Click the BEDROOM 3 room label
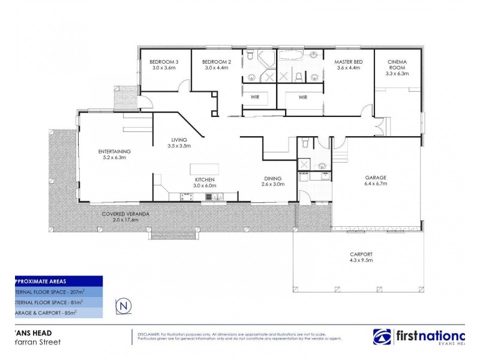coord(164,62)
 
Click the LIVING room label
coord(178,139)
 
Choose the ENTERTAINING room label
coord(114,151)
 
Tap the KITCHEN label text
coord(205,179)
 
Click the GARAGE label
coord(376,178)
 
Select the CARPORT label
coord(361,254)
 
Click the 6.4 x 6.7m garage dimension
coord(376,184)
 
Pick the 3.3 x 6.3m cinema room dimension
coord(398,74)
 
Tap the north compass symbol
coord(124,305)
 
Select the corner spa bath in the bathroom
coord(265,61)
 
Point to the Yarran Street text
coord(40,343)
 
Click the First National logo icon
coord(383,337)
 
